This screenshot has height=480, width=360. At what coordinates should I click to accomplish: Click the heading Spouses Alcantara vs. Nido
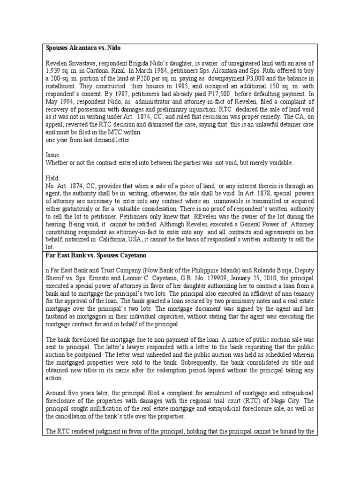point(83,48)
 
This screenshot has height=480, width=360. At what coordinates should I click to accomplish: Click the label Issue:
point(53,155)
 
